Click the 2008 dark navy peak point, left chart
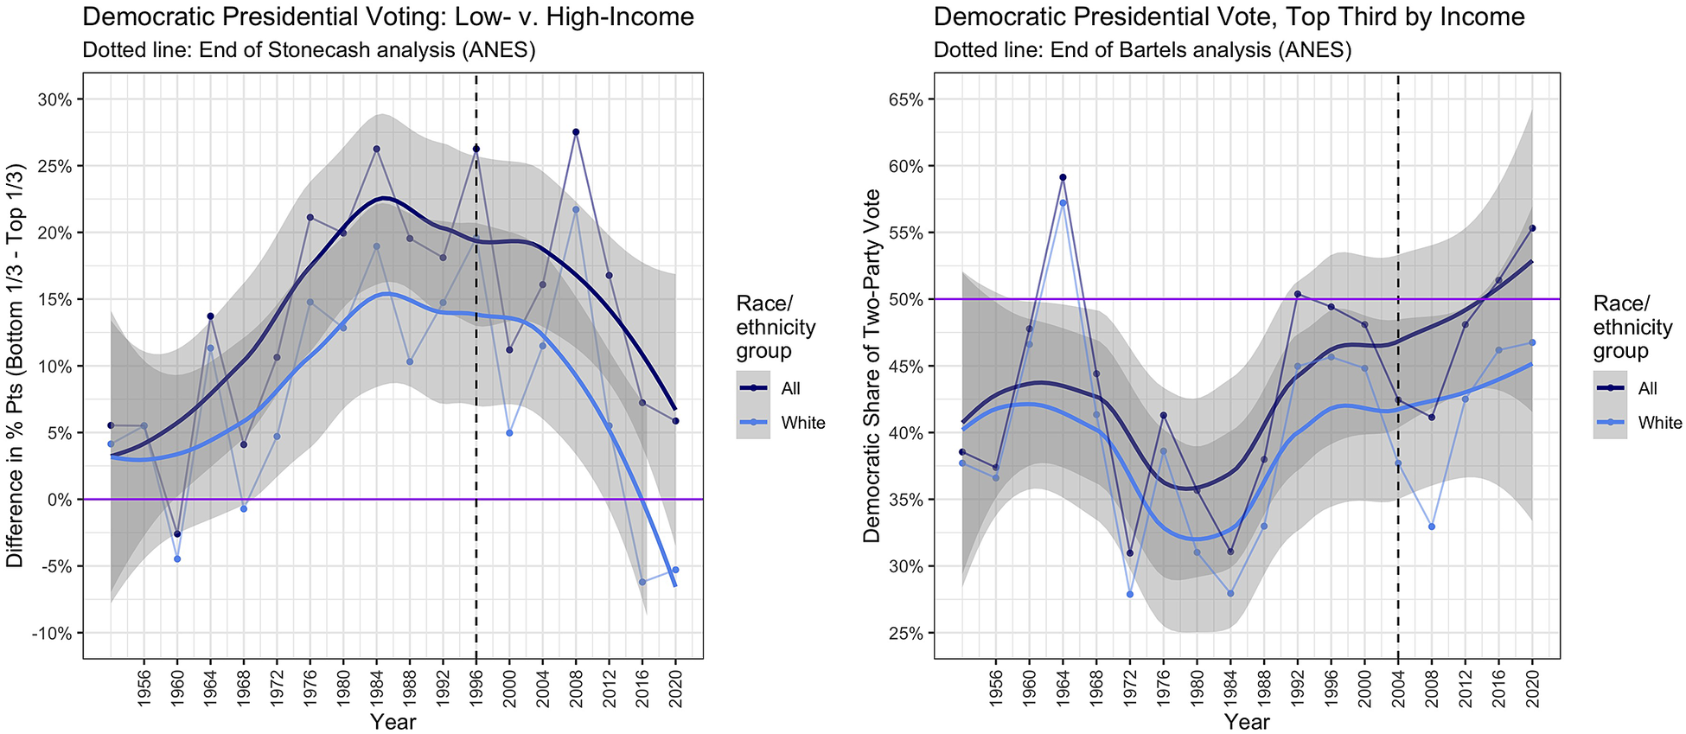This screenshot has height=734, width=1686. pos(576,132)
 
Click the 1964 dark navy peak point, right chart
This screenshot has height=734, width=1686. pos(1063,177)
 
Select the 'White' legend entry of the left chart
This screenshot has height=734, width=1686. pos(803,423)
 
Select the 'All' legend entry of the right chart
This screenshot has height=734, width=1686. pos(1648,388)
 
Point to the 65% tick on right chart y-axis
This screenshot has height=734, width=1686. pos(907,99)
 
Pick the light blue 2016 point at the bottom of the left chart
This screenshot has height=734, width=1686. pos(642,582)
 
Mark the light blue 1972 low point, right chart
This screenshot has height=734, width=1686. pos(1130,594)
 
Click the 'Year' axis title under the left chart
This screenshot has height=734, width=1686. pos(393,721)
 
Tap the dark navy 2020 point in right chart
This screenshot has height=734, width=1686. pos(1532,228)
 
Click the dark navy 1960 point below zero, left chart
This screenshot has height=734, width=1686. pos(177,533)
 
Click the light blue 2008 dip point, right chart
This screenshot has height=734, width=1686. pos(1432,527)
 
